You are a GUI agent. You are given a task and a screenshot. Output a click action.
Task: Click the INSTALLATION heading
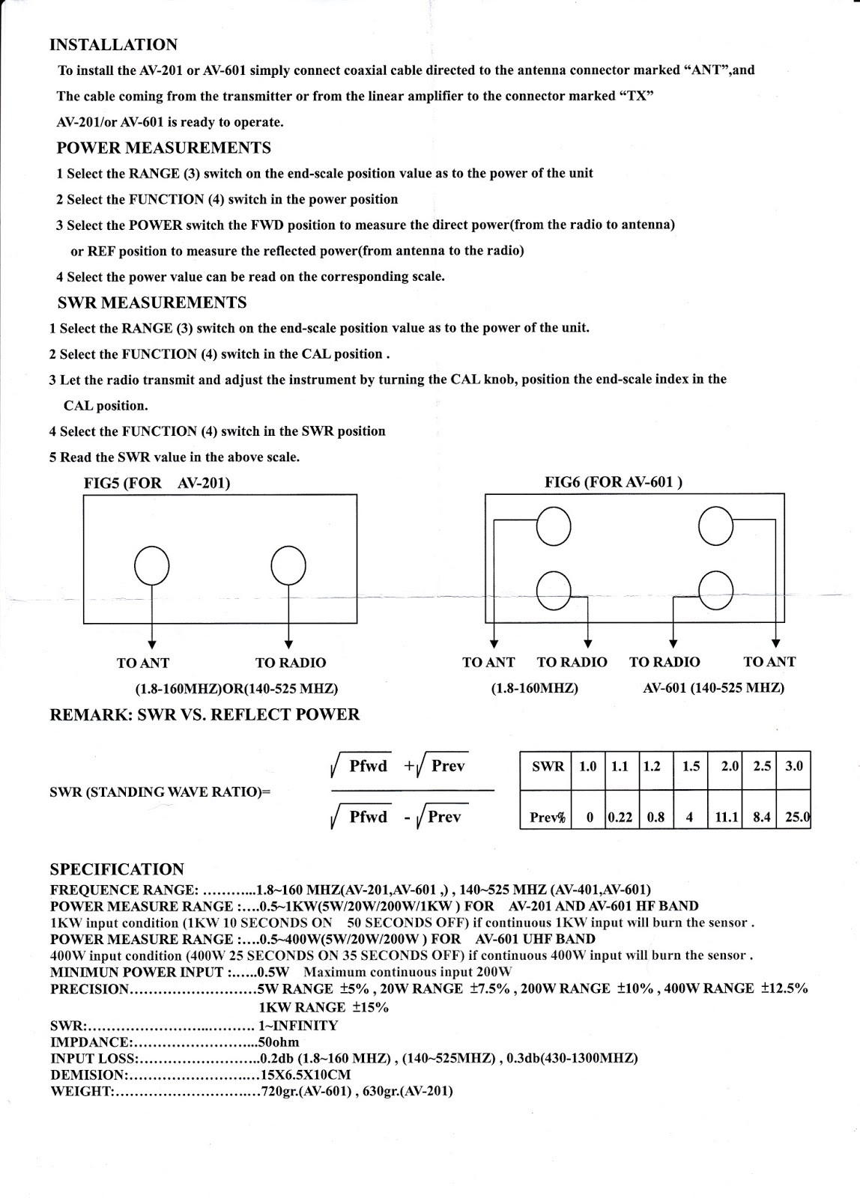[x=113, y=44]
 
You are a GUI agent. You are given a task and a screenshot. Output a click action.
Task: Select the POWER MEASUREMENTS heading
[x=163, y=148]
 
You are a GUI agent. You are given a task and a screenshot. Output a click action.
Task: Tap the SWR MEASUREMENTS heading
[x=152, y=302]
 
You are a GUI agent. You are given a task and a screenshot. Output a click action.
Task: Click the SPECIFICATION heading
[x=117, y=869]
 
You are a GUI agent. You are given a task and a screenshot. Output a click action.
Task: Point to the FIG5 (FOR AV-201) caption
[x=157, y=483]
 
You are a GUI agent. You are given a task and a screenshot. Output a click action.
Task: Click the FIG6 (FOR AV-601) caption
[x=613, y=482]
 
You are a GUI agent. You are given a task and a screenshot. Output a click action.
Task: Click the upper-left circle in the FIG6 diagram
[x=554, y=527]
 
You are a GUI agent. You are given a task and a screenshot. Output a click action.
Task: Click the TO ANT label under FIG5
[x=143, y=663]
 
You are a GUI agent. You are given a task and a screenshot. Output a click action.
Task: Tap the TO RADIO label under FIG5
[x=291, y=663]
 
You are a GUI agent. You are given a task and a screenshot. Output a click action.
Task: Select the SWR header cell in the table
[x=548, y=767]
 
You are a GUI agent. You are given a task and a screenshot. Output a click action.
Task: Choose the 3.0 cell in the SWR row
[x=793, y=767]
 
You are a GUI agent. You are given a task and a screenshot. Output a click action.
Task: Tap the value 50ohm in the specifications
[x=279, y=1042]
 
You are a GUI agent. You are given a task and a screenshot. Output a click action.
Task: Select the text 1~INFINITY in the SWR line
[x=298, y=1026]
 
